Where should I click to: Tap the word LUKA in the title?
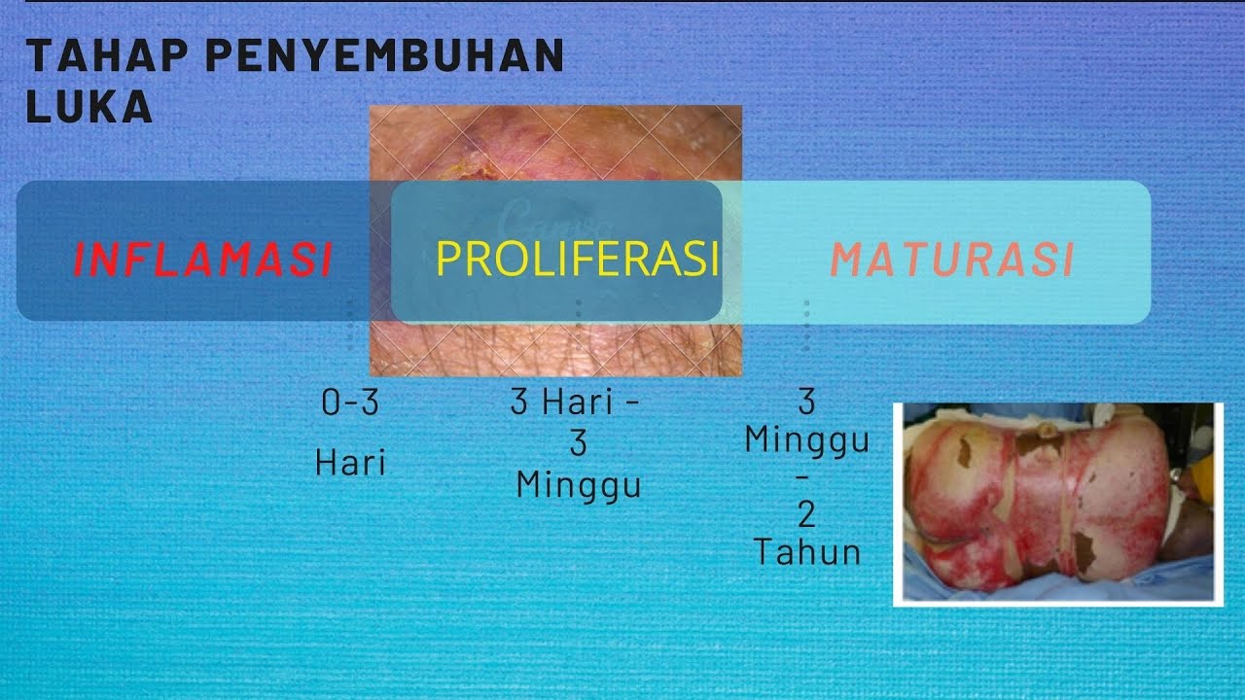click(x=89, y=108)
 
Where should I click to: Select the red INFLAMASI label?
click(x=203, y=260)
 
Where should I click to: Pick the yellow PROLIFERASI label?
click(x=578, y=259)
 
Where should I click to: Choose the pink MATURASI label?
click(x=952, y=260)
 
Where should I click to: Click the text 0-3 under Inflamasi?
click(x=350, y=403)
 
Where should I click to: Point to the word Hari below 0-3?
click(x=350, y=463)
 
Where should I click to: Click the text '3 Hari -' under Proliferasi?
click(x=577, y=402)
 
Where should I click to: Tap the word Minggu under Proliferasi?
click(x=579, y=484)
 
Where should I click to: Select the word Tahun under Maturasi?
click(x=807, y=552)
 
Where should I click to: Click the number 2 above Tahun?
click(x=807, y=514)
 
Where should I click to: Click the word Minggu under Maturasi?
click(x=807, y=440)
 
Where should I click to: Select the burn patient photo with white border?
click(x=1057, y=504)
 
